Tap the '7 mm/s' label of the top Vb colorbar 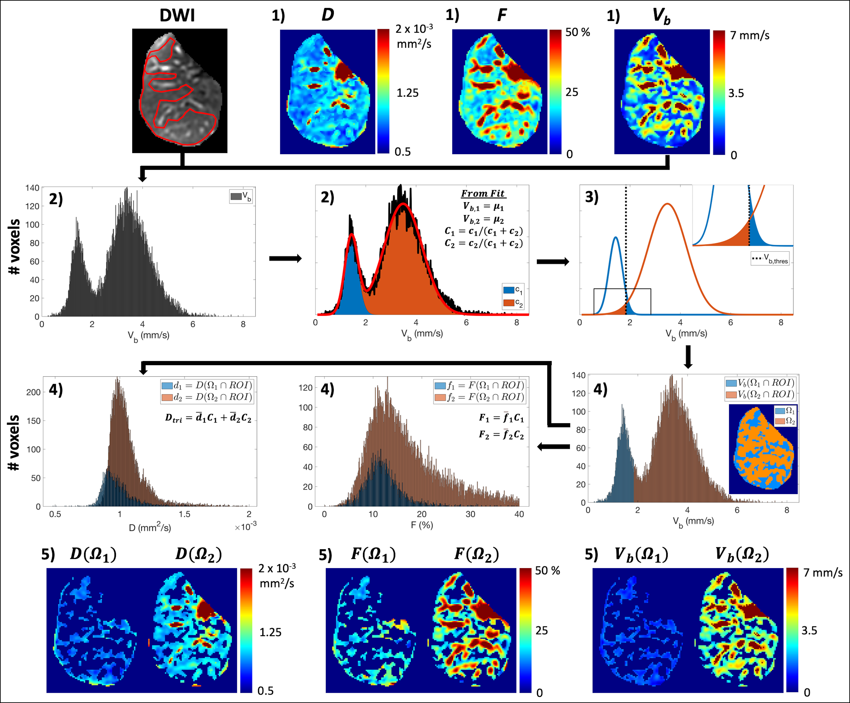click(750, 36)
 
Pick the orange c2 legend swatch click(508, 302)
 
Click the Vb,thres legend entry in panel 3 click(770, 259)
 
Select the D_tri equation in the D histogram click(208, 418)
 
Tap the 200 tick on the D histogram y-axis click(34, 392)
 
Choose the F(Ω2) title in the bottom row click(476, 554)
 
